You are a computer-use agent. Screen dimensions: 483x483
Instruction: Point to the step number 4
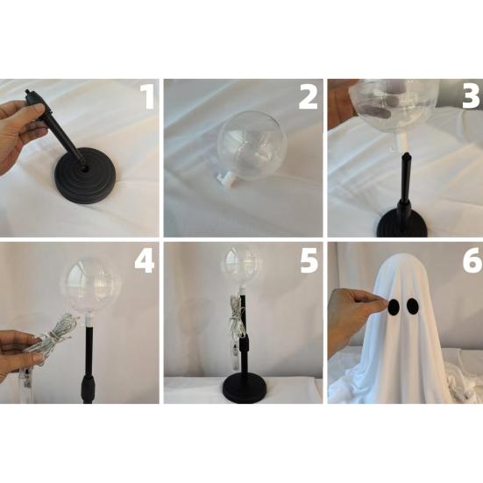point(144,262)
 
